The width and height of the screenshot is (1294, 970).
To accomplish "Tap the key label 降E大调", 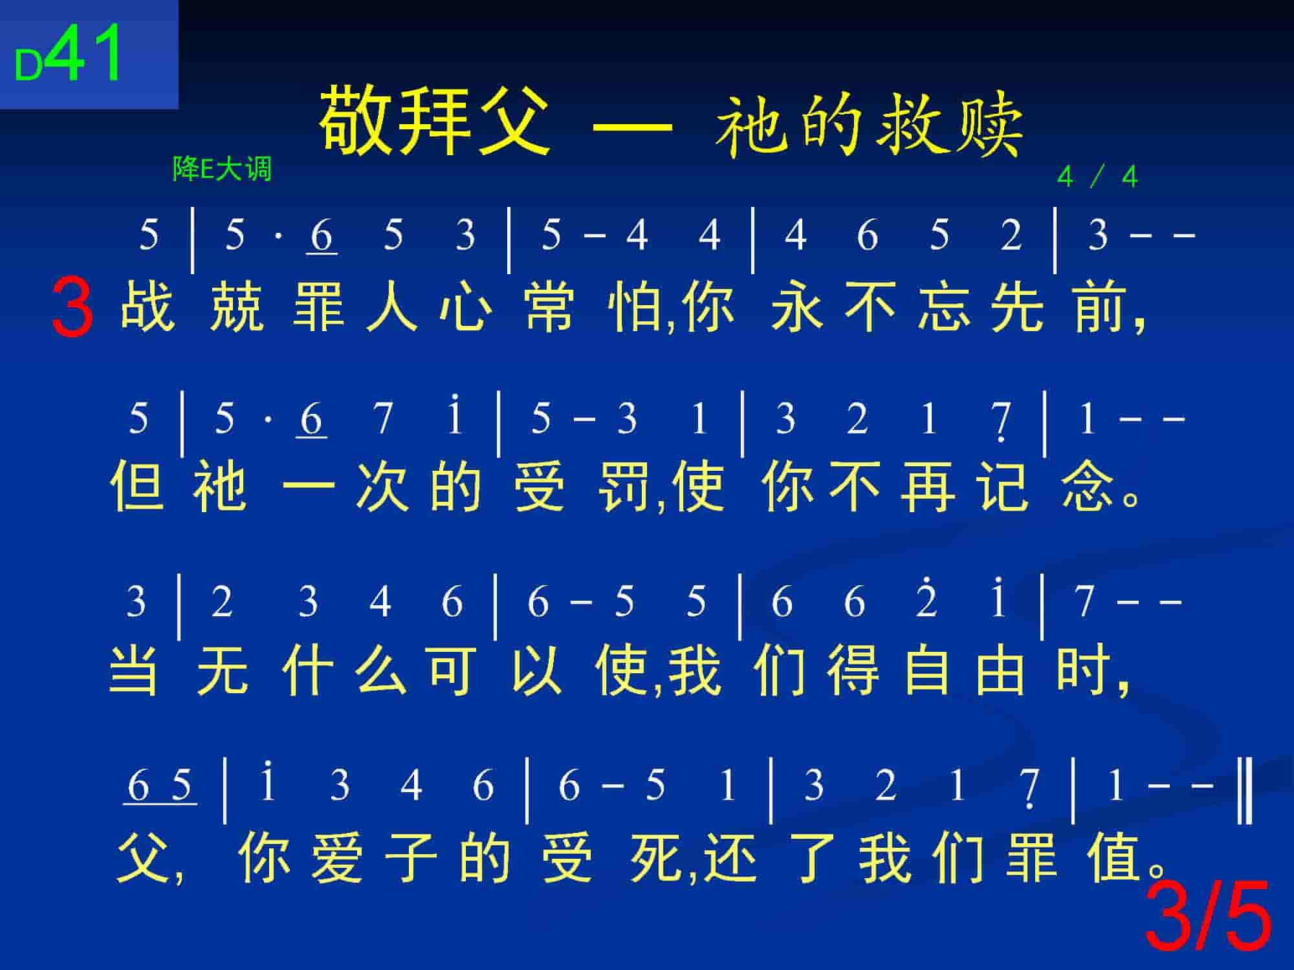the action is (x=222, y=169).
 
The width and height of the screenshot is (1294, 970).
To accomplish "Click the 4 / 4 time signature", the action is (x=1097, y=177).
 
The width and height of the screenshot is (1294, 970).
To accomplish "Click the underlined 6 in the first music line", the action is (x=322, y=236).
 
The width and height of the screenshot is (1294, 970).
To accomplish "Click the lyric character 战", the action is (x=148, y=305).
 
